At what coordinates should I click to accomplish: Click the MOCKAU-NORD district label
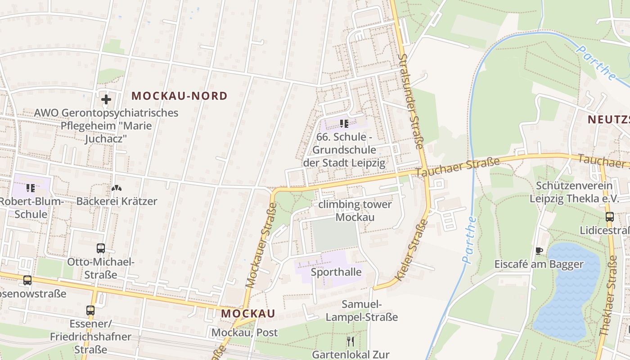pos(180,95)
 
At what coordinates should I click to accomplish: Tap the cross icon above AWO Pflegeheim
pos(106,99)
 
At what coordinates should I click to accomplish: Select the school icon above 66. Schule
pos(344,123)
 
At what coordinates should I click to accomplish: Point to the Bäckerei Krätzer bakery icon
pos(116,187)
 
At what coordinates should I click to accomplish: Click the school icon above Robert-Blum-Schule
pos(31,187)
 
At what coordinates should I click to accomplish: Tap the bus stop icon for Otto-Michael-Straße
pos(101,248)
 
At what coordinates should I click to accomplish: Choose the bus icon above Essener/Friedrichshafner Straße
pos(90,310)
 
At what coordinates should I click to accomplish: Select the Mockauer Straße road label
pos(261,245)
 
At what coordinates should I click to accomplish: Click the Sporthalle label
pos(336,272)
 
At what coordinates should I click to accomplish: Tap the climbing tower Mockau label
pos(355,211)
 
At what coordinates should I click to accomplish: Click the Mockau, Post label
pos(245,333)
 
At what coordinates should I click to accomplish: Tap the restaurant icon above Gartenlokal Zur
pos(351,341)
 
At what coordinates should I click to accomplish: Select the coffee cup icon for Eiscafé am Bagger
pos(539,251)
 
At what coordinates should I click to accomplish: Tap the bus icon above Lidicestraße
pos(610,216)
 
